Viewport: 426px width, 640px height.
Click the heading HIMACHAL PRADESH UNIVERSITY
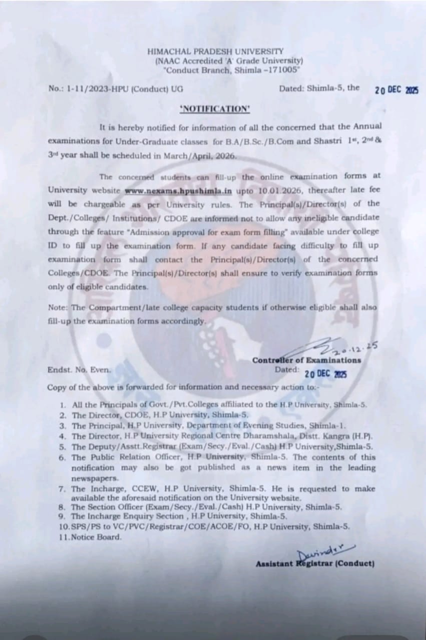click(215, 51)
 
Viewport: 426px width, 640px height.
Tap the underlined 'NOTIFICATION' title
click(215, 109)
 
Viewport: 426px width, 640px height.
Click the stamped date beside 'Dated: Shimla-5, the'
click(396, 90)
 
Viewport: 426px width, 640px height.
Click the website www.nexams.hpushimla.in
click(178, 190)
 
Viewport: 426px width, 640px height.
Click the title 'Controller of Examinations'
click(306, 360)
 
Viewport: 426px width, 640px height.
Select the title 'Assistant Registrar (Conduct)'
click(315, 563)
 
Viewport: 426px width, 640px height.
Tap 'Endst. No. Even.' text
click(80, 370)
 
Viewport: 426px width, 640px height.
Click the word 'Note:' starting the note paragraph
click(58, 307)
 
